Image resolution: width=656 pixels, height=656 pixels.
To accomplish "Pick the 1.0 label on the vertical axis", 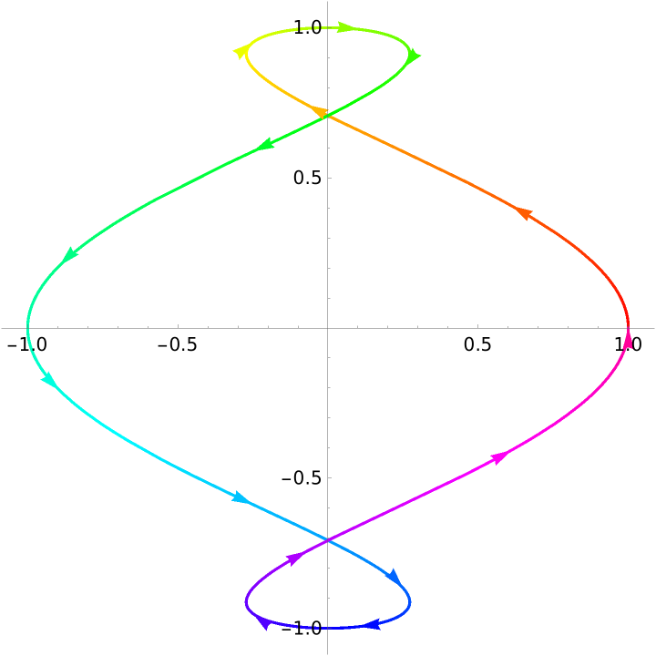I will coord(307,27).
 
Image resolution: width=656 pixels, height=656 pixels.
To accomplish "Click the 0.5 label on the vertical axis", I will coord(307,178).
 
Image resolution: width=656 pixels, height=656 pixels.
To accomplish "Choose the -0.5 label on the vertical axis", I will coord(302,477).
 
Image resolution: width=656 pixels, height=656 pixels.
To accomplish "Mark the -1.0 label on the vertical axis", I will coord(302,628).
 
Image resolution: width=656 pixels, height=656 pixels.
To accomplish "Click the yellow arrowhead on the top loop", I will coord(241,52).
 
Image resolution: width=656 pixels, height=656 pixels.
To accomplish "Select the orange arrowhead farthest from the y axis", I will coord(522,212).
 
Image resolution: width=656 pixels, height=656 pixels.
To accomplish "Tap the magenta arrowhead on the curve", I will coord(498,457).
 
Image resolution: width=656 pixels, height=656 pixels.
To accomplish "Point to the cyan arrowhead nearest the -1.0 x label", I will coord(50,379).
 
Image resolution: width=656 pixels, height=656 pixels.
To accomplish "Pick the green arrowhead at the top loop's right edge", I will coord(414,56).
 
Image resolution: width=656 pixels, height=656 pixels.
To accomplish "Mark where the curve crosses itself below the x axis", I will coord(327,540).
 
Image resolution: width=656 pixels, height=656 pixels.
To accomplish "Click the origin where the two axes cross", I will coord(327,327).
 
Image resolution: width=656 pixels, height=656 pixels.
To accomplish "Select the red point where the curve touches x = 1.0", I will coord(628,327).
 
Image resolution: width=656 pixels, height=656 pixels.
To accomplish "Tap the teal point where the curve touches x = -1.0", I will coord(27,327).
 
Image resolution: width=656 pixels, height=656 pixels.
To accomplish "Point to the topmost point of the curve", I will coord(327,27).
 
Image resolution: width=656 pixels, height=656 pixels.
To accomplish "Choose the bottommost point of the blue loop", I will coord(327,628).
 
